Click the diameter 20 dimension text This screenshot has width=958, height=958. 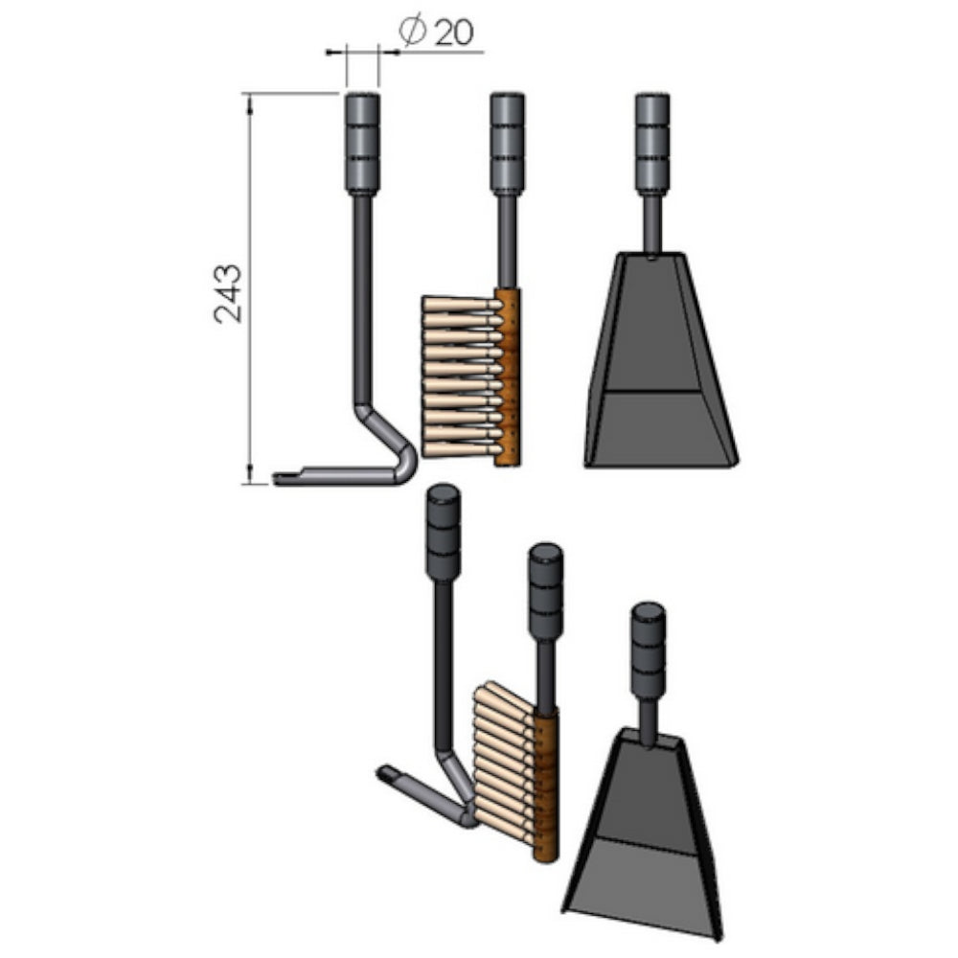coord(439,34)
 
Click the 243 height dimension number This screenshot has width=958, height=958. coord(229,293)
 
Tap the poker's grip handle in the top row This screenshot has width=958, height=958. coord(362,144)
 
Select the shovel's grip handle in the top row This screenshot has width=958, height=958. coord(652,144)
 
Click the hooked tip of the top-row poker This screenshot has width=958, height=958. coord(287,477)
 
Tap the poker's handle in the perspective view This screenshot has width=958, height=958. coord(444,533)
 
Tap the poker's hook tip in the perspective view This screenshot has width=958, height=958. coord(388,772)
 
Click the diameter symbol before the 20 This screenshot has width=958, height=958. coord(411,34)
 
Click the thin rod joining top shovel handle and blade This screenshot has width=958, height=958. coord(652,224)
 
